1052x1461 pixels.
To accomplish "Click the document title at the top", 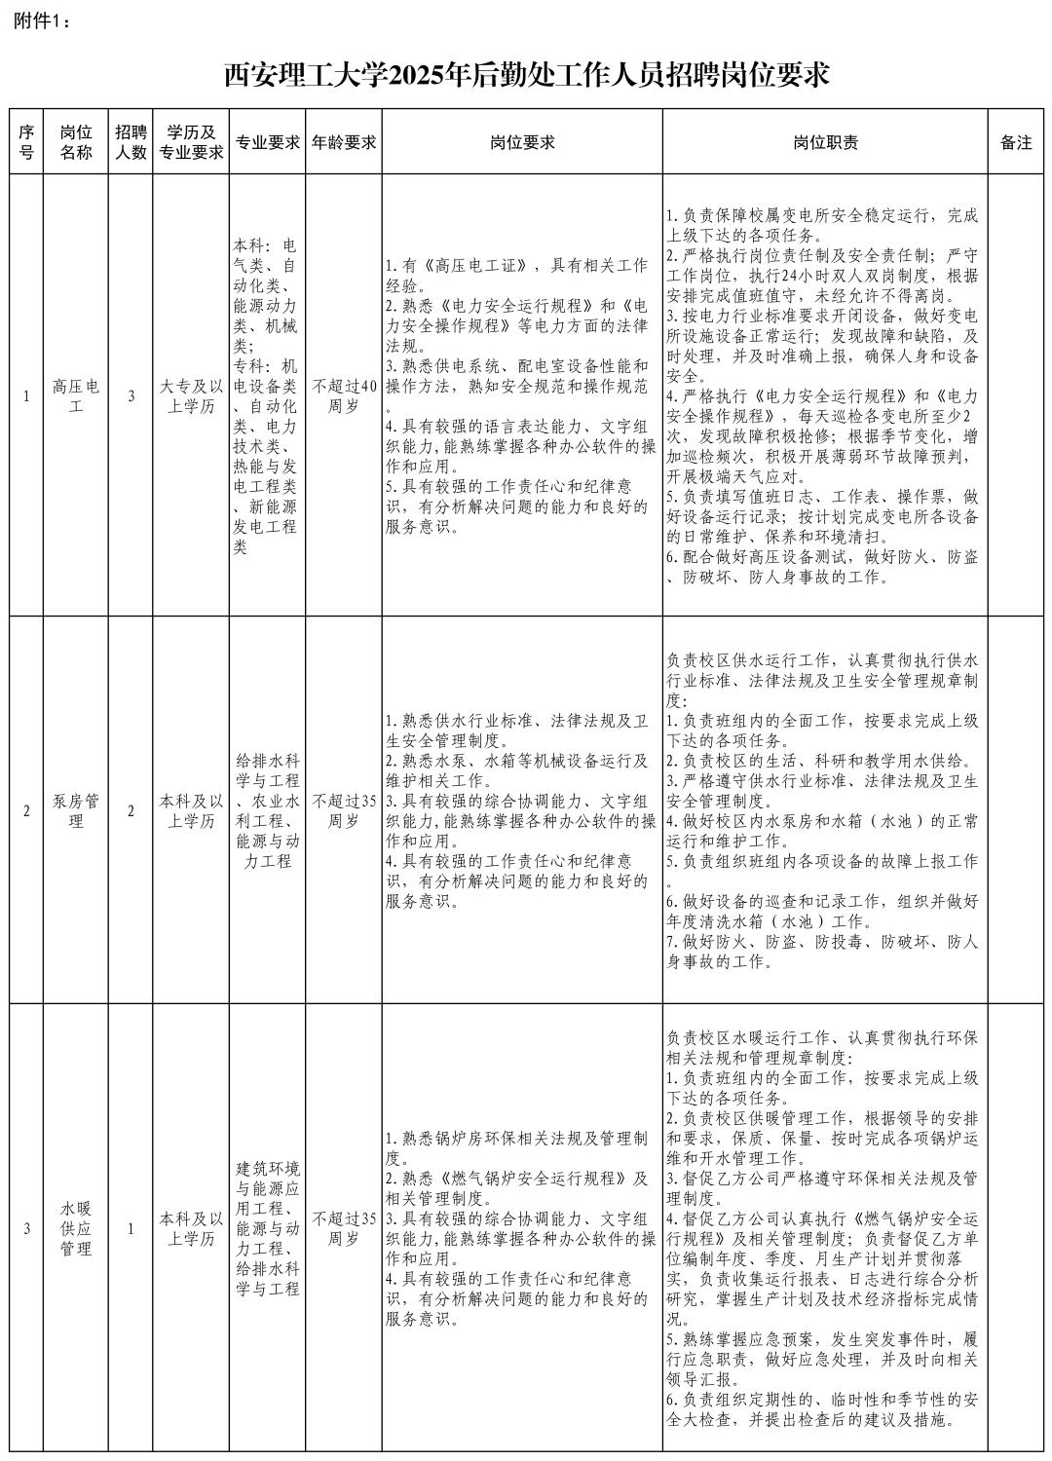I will [526, 74].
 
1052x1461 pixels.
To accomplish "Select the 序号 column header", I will [26, 142].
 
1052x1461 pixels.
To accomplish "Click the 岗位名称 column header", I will [76, 142].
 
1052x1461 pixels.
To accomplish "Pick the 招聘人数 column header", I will [131, 142].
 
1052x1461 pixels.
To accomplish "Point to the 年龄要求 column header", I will [343, 142].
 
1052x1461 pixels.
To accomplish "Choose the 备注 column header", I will [1015, 142].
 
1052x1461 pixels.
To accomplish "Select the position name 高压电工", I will [76, 396].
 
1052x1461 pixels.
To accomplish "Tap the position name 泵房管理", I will [76, 810].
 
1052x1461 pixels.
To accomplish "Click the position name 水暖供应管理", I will [76, 1228].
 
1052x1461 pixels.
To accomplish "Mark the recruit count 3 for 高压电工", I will [131, 396].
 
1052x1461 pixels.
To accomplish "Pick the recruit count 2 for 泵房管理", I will [131, 810].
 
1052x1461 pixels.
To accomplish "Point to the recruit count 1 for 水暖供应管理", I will [131, 1228].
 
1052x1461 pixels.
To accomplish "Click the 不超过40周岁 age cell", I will [343, 396].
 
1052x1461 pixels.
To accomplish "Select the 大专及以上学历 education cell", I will [191, 396].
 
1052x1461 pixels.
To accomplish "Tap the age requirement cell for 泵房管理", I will [343, 810].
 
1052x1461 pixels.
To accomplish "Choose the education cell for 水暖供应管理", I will [191, 1228].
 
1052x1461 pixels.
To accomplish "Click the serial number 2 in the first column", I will [26, 810].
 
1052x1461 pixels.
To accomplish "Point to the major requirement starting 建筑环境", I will [267, 1228].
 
